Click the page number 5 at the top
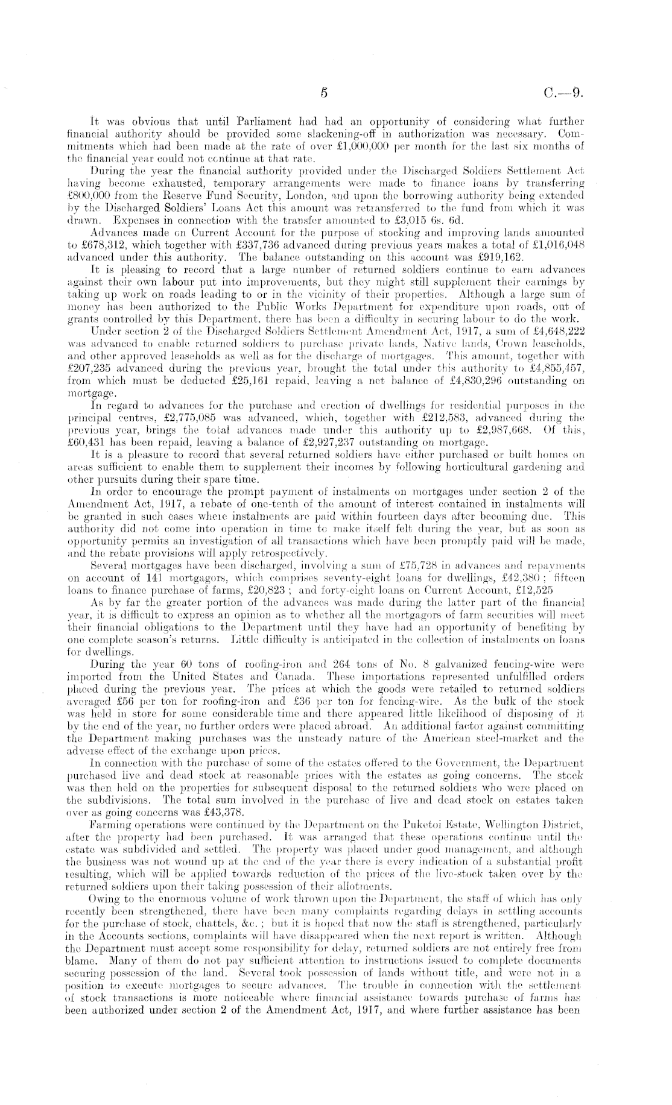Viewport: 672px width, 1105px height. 324,93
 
